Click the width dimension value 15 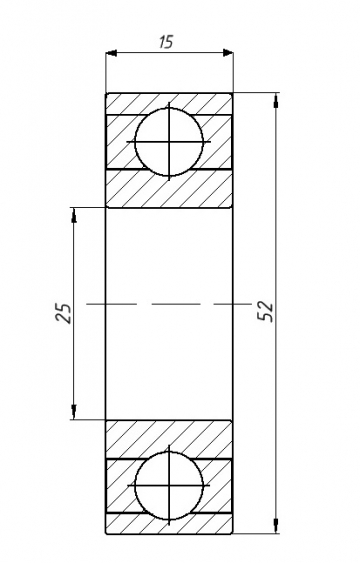click(x=167, y=42)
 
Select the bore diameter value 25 click(x=63, y=313)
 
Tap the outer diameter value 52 click(x=266, y=311)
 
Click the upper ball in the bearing click(x=169, y=141)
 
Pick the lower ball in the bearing click(x=169, y=485)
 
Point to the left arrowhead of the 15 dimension click(x=112, y=53)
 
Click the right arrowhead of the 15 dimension click(x=228, y=53)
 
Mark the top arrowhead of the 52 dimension click(x=276, y=100)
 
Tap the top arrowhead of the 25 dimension click(x=74, y=214)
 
